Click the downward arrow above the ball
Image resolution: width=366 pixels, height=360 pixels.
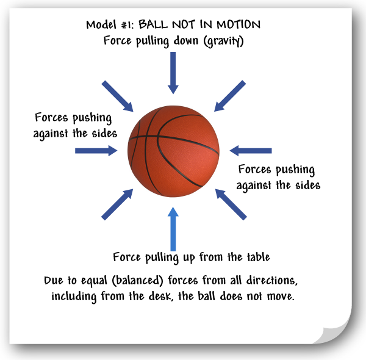pyautogui.click(x=173, y=72)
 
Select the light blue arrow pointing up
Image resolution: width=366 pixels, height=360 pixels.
pyautogui.click(x=173, y=229)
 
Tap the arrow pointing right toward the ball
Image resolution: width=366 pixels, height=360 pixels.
pyautogui.click(x=95, y=150)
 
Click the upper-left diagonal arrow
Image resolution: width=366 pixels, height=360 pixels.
pyautogui.click(x=118, y=96)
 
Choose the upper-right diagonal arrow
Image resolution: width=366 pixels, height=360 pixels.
pyautogui.click(x=230, y=95)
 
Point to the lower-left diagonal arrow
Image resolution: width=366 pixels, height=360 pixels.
pyautogui.click(x=117, y=204)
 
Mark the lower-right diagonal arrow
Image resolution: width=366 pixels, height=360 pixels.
pyautogui.click(x=231, y=204)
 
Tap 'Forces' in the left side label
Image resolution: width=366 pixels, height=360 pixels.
pyautogui.click(x=52, y=117)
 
